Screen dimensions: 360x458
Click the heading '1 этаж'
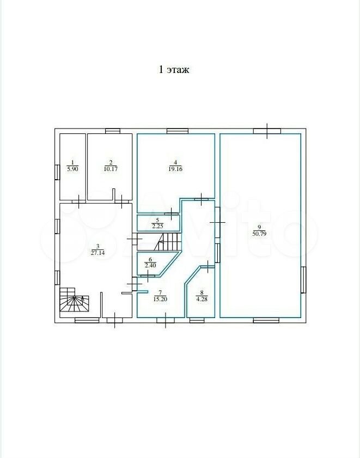pos(174,70)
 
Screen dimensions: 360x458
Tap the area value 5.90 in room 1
pos(73,169)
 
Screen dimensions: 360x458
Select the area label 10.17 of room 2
pos(111,169)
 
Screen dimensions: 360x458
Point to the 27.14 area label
pos(97,253)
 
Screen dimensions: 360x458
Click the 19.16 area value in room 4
pos(175,169)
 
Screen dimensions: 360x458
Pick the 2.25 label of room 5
pos(157,226)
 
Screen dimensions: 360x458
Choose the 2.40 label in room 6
pos(150,265)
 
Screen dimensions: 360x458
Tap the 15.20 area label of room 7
pos(160,299)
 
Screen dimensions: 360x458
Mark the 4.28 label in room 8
pos(202,299)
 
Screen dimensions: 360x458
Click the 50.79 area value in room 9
pos(259,234)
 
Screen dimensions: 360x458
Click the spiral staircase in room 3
pos(74,300)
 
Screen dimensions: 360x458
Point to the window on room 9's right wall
pos(303,279)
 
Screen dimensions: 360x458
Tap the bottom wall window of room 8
pos(197,320)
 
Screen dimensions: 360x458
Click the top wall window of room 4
pos(178,131)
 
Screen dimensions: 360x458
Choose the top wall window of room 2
pos(113,131)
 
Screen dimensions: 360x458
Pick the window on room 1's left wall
pos(57,172)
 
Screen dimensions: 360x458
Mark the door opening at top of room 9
pos(267,131)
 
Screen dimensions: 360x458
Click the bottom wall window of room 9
pos(266,320)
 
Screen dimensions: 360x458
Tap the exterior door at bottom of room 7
pos(166,320)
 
